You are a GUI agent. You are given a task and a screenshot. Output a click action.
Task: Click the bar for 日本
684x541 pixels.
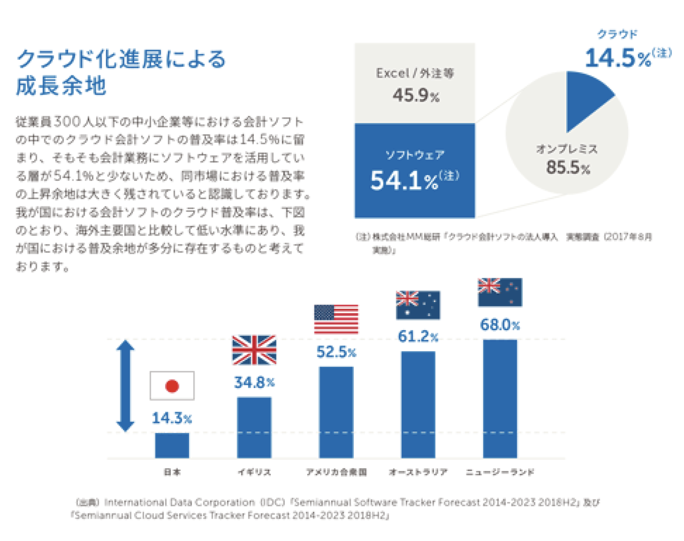[x=172, y=445]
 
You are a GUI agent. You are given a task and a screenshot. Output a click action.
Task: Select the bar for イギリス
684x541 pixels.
[x=254, y=428]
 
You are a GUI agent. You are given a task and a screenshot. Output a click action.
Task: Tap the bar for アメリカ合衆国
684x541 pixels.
[x=336, y=412]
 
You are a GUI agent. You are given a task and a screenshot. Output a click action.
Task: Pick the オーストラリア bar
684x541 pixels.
[x=418, y=405]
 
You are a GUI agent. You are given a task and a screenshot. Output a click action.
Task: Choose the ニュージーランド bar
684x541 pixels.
[x=500, y=399]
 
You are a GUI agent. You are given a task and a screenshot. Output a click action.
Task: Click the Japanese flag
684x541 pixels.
[x=172, y=386]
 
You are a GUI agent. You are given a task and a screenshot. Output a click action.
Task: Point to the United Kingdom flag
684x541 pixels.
[x=254, y=350]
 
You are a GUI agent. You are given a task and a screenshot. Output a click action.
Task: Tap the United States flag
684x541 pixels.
[x=336, y=319]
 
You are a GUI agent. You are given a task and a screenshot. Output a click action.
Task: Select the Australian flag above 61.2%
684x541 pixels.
[x=418, y=305]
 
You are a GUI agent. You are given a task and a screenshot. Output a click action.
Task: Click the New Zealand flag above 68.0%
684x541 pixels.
[x=500, y=293]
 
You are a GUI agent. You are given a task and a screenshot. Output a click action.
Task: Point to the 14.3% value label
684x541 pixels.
[x=172, y=418]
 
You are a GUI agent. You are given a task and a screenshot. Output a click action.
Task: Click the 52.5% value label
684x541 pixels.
[x=336, y=352]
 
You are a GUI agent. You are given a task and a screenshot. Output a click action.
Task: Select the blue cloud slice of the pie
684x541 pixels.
[x=585, y=96]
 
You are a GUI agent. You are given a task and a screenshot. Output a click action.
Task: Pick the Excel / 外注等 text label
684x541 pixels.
[x=415, y=73]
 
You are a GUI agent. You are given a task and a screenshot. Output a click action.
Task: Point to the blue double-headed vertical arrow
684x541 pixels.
[x=126, y=385]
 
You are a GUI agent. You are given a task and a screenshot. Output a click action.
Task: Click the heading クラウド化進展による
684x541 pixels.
[x=121, y=59]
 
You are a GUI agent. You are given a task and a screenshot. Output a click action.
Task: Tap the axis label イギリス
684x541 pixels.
[x=254, y=472]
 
